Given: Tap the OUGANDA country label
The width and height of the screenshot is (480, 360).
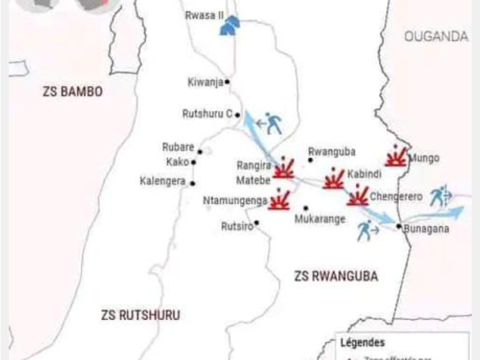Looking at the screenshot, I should click(x=436, y=37).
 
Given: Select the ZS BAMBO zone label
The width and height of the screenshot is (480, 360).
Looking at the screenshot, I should click(x=73, y=91).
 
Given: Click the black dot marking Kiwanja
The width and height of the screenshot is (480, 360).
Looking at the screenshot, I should click(x=227, y=82).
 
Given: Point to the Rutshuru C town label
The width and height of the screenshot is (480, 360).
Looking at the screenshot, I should click(x=207, y=114).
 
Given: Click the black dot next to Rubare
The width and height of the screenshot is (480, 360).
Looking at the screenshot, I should click(x=200, y=151).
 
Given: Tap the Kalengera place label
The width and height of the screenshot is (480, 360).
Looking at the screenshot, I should click(x=163, y=181).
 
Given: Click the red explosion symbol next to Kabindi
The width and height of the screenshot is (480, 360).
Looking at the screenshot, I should click(x=334, y=179).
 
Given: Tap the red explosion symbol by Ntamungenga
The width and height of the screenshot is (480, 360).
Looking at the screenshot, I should click(x=279, y=200).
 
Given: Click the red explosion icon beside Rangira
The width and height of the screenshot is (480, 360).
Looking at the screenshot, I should click(x=284, y=169).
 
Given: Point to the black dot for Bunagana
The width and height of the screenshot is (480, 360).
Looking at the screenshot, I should click(x=398, y=226).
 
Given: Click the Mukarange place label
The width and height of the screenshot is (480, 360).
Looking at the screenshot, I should click(x=320, y=219).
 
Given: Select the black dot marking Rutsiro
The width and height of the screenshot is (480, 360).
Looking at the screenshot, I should click(x=256, y=222).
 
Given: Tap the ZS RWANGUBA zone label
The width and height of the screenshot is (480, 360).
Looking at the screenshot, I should click(x=336, y=276).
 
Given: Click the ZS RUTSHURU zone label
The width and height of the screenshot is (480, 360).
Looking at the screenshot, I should click(x=141, y=315).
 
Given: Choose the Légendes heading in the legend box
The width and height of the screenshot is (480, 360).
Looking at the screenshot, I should click(x=362, y=343).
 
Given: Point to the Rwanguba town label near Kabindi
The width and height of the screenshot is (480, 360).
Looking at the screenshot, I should click(x=331, y=152).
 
